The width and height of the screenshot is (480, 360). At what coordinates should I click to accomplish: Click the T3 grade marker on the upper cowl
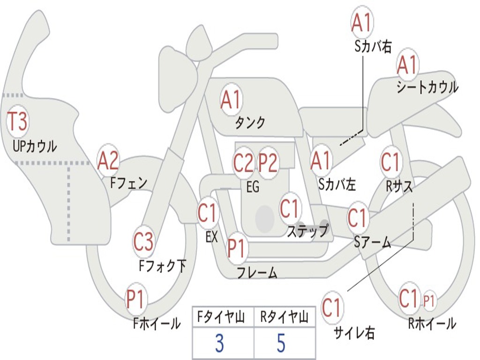tap(17, 121)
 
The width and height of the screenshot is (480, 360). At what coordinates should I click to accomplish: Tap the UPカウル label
tap(35, 146)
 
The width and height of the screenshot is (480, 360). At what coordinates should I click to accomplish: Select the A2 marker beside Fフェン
tap(108, 161)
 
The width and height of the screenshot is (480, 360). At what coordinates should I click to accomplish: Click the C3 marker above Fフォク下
tap(143, 242)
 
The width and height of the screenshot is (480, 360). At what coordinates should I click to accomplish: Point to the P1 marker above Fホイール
tap(135, 299)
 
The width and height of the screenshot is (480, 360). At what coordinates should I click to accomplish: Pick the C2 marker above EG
tap(244, 163)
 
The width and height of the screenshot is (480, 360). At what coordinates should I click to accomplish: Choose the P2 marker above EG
tap(268, 163)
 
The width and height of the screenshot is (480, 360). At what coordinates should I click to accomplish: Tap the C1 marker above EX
tap(208, 212)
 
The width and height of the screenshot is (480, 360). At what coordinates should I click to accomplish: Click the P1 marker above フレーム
tap(237, 248)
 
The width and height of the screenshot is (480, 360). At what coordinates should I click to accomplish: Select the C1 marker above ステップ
tap(289, 208)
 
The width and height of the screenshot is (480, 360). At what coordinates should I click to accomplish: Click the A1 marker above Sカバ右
tap(362, 23)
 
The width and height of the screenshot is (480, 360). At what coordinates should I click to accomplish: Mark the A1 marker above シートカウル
tap(407, 65)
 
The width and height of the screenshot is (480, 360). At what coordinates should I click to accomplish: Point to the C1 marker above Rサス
tap(391, 162)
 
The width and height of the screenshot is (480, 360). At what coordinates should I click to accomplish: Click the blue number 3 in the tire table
tap(219, 343)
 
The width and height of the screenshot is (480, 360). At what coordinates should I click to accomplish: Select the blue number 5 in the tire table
tap(281, 343)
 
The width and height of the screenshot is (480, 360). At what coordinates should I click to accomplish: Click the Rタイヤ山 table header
tap(284, 317)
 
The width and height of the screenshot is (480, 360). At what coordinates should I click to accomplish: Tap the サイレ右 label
tap(354, 333)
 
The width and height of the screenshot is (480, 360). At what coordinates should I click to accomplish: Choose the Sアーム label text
tap(373, 242)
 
